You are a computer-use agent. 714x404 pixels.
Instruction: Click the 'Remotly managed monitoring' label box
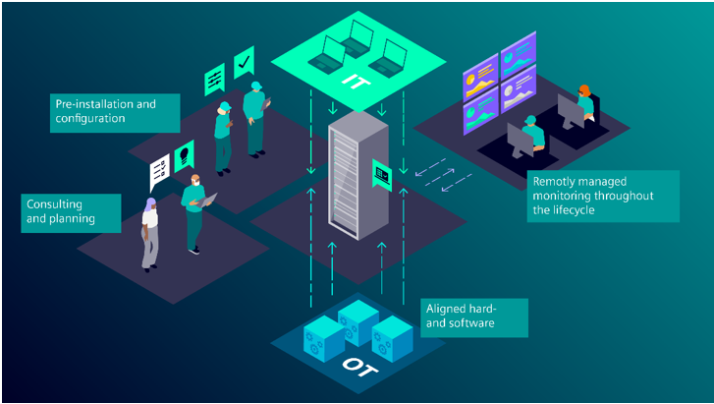(602, 196)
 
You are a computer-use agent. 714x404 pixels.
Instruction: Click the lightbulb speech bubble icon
(184, 153)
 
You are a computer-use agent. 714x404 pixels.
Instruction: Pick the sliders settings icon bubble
(214, 81)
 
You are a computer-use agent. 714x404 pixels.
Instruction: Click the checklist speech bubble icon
(159, 173)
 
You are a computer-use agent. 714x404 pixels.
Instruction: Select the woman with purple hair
(149, 232)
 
